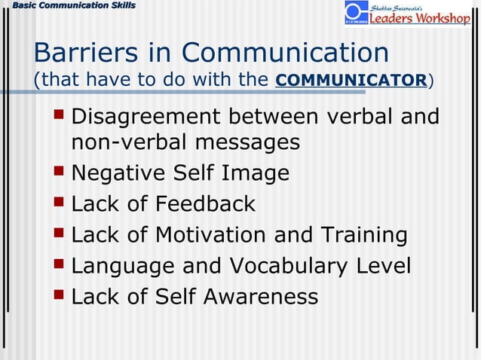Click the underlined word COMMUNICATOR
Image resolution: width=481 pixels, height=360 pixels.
[351, 79]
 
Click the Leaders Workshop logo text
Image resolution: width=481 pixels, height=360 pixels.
[419, 17]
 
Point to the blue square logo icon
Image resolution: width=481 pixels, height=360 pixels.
[356, 13]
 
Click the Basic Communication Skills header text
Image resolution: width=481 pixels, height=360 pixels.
[69, 6]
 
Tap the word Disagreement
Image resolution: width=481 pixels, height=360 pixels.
[146, 117]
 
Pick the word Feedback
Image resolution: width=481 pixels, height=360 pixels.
[205, 203]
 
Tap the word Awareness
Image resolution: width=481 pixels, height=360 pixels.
[259, 297]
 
